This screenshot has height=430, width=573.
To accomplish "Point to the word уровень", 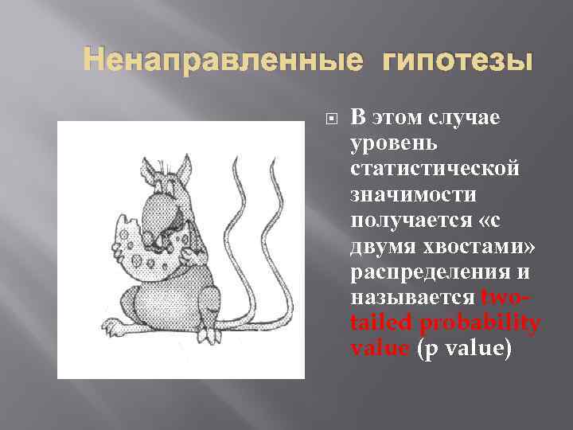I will click(388, 143).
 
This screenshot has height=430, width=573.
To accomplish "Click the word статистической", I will click(435, 169).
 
